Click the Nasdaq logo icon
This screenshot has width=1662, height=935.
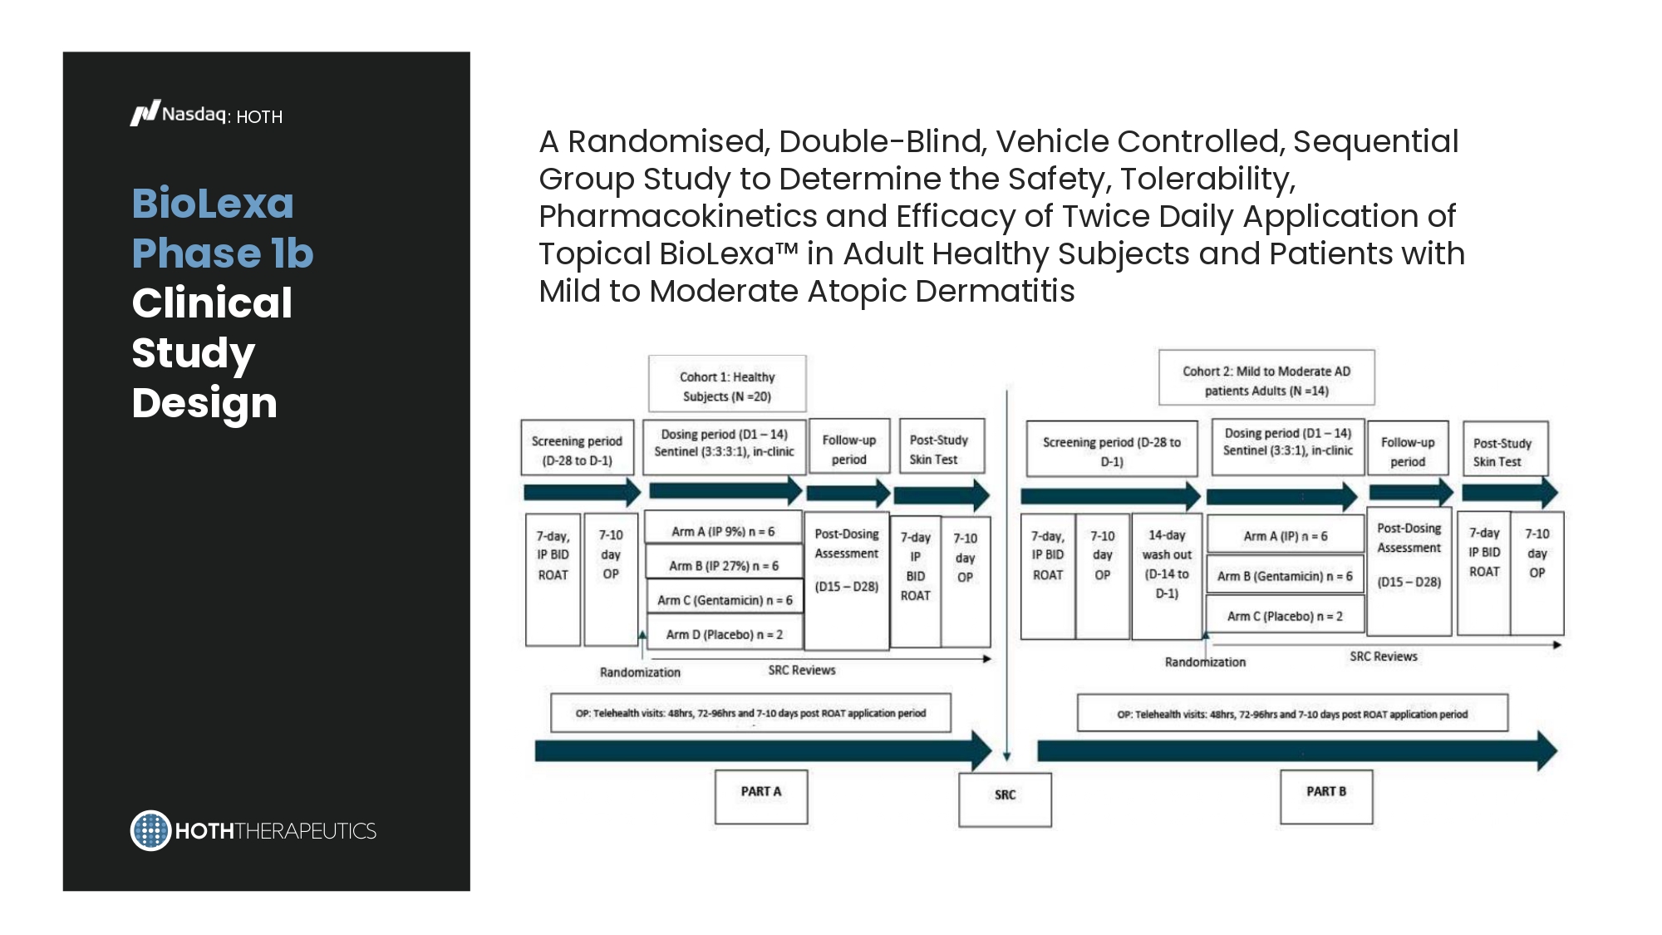(x=145, y=113)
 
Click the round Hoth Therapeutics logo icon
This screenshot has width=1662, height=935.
(x=150, y=830)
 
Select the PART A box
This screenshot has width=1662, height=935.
(x=761, y=796)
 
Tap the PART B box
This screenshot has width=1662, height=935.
(x=1326, y=796)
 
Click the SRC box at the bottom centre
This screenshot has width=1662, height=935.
(x=1005, y=799)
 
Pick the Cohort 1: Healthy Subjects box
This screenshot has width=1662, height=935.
(x=727, y=384)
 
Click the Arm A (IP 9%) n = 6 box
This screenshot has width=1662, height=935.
(x=723, y=529)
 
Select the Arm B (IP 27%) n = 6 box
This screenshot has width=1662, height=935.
(x=724, y=564)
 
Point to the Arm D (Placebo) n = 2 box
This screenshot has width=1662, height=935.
(x=725, y=633)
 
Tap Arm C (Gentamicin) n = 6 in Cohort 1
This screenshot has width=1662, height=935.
(x=725, y=598)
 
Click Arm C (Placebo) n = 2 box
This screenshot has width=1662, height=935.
(x=1285, y=616)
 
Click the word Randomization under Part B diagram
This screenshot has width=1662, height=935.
(x=1205, y=662)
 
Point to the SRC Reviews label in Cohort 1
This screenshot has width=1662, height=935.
(x=802, y=670)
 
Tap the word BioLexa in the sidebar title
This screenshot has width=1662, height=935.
(x=213, y=204)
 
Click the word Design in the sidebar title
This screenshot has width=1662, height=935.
(x=204, y=403)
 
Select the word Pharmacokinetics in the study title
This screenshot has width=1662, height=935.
(x=677, y=216)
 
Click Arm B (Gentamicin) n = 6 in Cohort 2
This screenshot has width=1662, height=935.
(x=1285, y=576)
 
